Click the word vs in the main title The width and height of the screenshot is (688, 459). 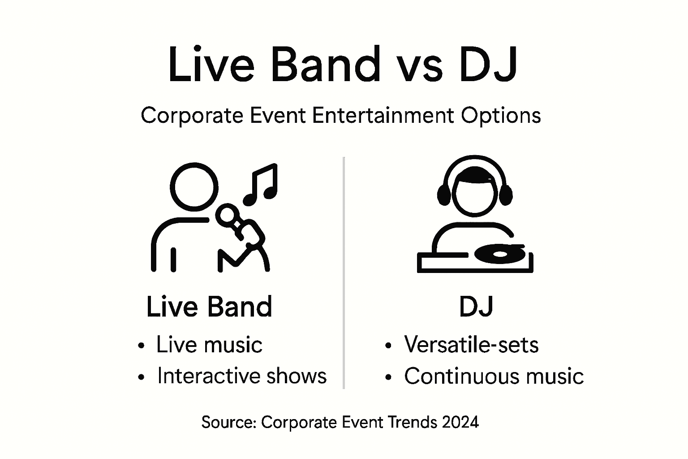tap(420, 67)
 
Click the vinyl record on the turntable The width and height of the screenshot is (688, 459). tap(499, 254)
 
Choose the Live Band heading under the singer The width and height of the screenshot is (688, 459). tap(209, 307)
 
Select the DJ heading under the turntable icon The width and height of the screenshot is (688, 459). tap(476, 307)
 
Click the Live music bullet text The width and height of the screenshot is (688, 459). tap(209, 345)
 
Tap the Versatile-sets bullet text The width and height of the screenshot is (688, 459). tap(471, 345)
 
